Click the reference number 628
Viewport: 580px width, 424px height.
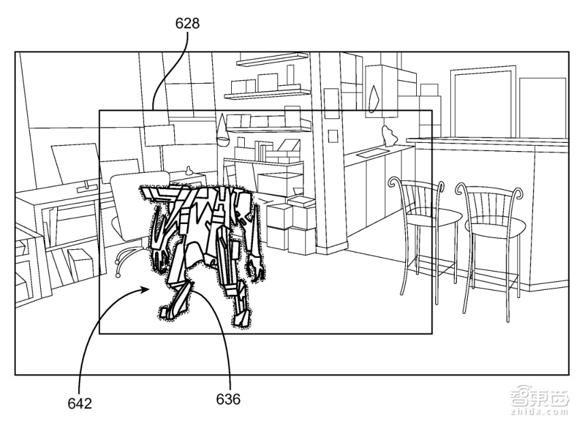[x=187, y=23]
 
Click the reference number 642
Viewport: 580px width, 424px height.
[x=80, y=404]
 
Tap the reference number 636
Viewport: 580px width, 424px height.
[x=228, y=399]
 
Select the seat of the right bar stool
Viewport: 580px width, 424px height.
[x=495, y=225]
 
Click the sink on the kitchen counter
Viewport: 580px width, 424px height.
[x=369, y=152]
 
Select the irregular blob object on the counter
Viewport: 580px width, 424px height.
[x=389, y=135]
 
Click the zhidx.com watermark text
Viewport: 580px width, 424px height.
[x=539, y=412]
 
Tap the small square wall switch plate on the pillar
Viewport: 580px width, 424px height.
[x=333, y=136]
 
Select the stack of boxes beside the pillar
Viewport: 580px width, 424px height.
[x=291, y=223]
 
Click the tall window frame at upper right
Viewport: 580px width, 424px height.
[x=483, y=103]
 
